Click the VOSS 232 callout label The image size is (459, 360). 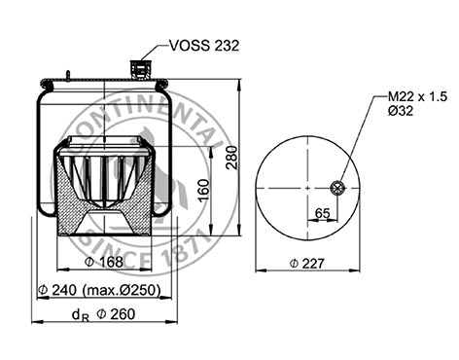click(204, 46)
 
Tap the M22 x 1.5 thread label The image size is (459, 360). click(417, 96)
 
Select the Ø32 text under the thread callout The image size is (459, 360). click(401, 111)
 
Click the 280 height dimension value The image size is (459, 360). click(231, 158)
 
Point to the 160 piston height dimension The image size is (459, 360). click(203, 191)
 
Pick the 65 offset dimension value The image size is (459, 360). click(322, 213)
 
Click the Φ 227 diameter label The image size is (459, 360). click(306, 264)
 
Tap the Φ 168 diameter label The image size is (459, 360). click(104, 262)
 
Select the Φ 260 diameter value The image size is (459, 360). click(116, 314)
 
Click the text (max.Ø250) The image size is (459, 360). click(122, 290)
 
